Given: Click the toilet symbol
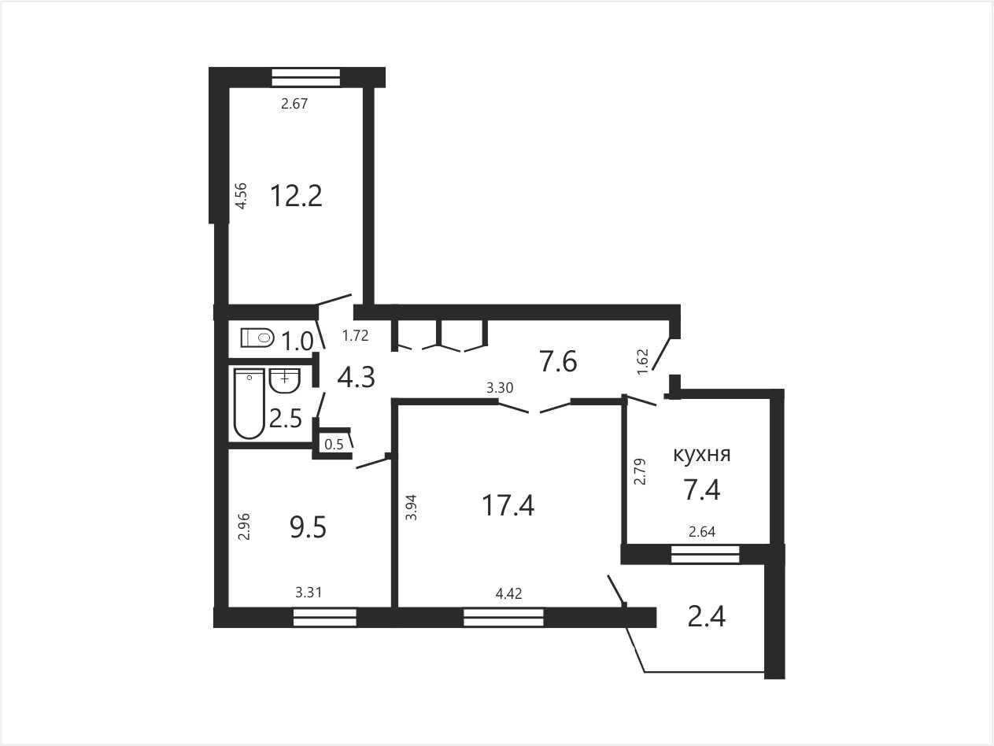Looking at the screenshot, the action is [257, 338].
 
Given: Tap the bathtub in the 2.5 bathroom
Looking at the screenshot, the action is [249, 404].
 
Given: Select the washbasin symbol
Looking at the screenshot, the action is [285, 380].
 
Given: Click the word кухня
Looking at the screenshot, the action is [702, 455].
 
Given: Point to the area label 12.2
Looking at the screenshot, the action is [296, 196].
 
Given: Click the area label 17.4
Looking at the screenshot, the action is [508, 505].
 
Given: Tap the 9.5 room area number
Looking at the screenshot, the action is [308, 528].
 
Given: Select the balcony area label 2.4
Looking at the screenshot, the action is [707, 616].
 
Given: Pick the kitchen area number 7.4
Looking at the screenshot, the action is [702, 489].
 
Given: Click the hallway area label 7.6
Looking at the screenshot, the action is [558, 362].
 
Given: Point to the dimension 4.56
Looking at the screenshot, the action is [242, 196].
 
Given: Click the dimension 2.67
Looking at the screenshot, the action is [294, 104].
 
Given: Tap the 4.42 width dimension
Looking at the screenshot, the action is [508, 593].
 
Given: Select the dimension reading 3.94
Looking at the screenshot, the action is [411, 507].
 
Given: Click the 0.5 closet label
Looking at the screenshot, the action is [334, 445].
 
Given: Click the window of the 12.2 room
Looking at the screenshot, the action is [305, 77].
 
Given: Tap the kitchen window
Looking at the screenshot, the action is [705, 554].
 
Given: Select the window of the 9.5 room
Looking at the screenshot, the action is [325, 618].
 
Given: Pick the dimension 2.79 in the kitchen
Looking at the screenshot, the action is [641, 471].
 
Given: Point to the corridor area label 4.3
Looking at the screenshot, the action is [356, 378].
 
